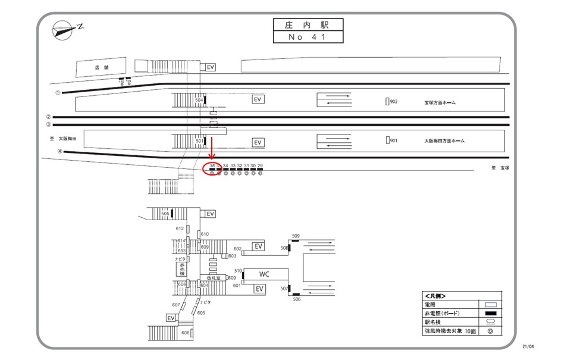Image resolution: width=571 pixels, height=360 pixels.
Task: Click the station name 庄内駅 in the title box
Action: pos(308,25)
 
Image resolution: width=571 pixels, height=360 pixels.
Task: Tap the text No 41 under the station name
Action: pos(308,37)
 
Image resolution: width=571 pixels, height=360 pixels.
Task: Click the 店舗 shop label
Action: pos(101,67)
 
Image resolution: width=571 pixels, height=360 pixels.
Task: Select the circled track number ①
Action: pos(58,93)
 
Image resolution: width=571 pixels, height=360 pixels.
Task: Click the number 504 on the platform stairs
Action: pos(199,101)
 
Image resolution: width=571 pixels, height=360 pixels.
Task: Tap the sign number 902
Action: pos(393,102)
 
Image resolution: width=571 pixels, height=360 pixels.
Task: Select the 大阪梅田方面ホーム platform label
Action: pos(444,141)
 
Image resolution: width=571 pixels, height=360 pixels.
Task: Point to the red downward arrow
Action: pos(211,148)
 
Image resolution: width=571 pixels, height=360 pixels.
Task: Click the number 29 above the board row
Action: pos(260,165)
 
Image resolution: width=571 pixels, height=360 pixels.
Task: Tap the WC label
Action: pos(265,274)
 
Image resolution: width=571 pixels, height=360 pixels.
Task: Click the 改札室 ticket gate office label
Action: pos(214,278)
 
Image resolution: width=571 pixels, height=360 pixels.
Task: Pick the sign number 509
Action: pos(296,236)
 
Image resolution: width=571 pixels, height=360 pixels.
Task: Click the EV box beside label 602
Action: pos(258,246)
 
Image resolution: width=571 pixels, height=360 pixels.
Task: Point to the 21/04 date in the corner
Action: pos(529,346)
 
